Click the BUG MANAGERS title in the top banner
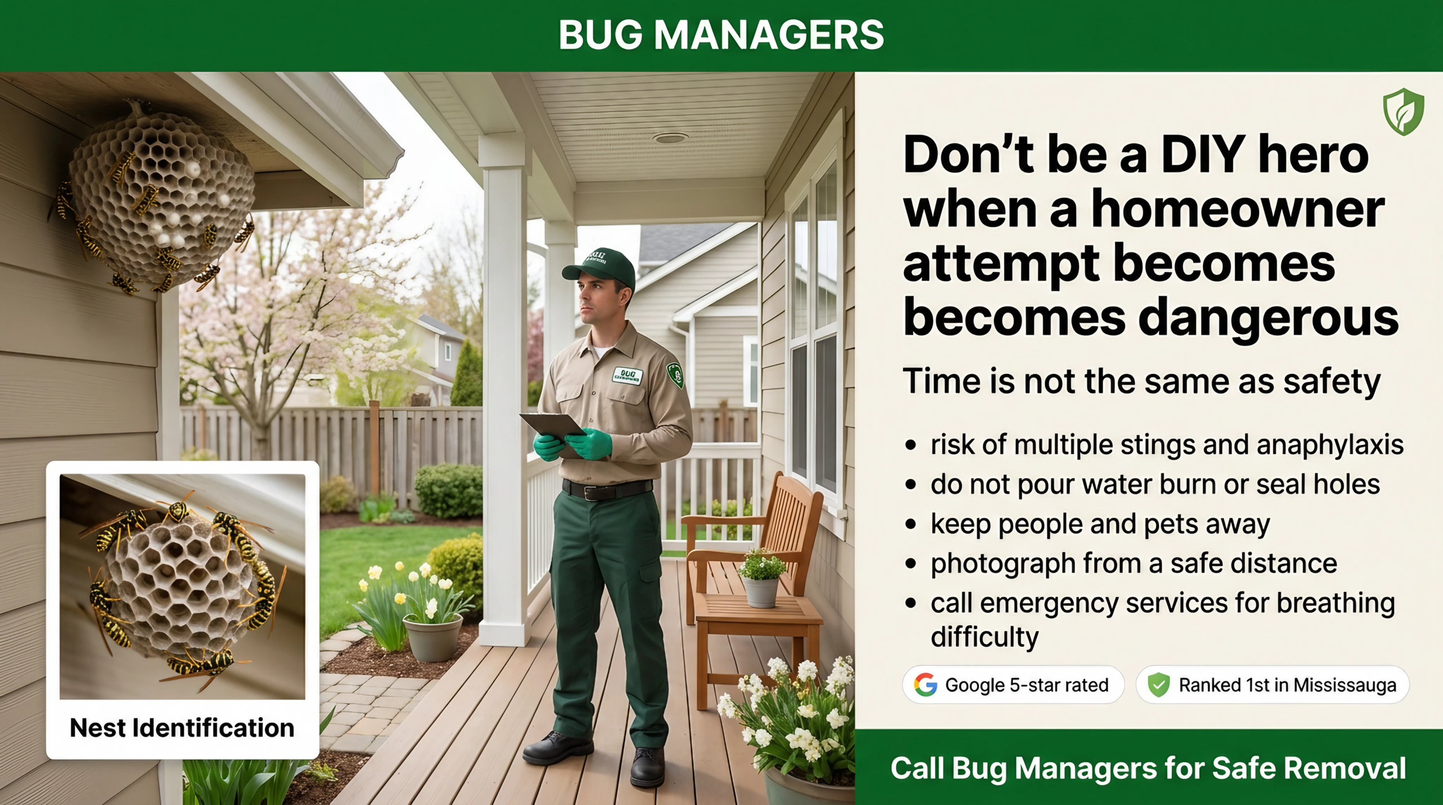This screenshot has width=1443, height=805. tap(721, 35)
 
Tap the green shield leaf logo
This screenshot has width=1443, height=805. tap(1403, 112)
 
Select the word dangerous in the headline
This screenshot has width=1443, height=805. tap(1268, 319)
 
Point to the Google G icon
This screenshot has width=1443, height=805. tap(925, 684)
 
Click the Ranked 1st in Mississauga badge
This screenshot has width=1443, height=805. tap(1272, 685)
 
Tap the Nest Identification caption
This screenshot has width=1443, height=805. tap(182, 728)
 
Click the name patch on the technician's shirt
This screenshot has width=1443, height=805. tap(627, 375)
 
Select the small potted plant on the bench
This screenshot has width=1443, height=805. tap(761, 577)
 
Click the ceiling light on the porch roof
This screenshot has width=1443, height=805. tap(670, 137)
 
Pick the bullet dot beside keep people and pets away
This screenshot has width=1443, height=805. tap(910, 524)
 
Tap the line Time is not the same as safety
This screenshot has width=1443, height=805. tap(1141, 381)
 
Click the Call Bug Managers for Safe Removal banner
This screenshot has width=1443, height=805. tap(1148, 768)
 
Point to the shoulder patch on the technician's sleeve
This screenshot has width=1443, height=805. tap(675, 374)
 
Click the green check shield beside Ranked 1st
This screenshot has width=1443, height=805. tap(1158, 685)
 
